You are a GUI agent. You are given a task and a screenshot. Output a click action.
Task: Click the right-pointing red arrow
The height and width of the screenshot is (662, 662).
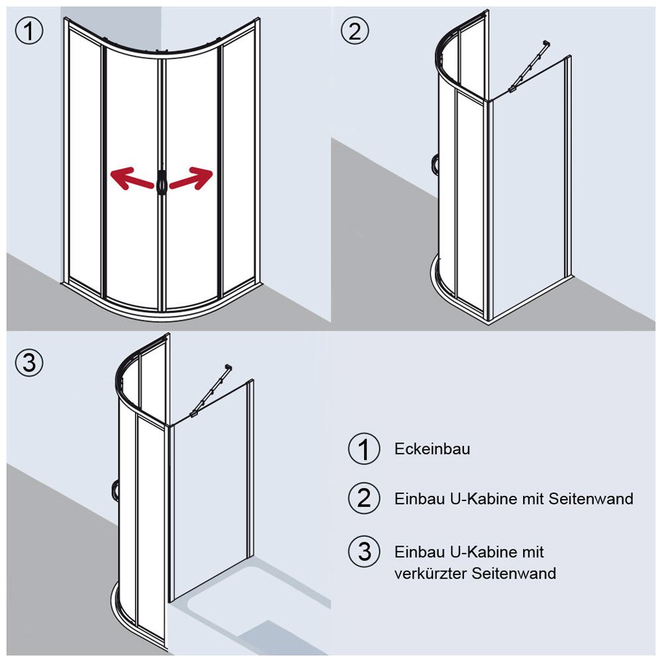click(192, 179)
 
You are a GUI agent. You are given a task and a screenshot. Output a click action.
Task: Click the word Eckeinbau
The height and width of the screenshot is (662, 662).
click(432, 449)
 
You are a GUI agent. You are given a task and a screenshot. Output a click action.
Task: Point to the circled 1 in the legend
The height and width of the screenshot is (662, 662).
click(364, 449)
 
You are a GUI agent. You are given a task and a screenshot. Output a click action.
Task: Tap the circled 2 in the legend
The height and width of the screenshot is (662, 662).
click(364, 498)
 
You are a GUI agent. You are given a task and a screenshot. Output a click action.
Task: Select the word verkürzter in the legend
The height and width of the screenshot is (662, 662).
click(431, 573)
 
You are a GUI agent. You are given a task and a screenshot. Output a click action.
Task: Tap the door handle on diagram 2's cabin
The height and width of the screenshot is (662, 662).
click(434, 164)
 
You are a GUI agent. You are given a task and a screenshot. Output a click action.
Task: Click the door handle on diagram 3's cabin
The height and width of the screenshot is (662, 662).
click(116, 490)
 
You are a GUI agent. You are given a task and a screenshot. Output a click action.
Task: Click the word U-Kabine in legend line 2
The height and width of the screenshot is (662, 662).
click(471, 498)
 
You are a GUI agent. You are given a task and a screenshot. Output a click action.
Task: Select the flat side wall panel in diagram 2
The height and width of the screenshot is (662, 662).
click(530, 192)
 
